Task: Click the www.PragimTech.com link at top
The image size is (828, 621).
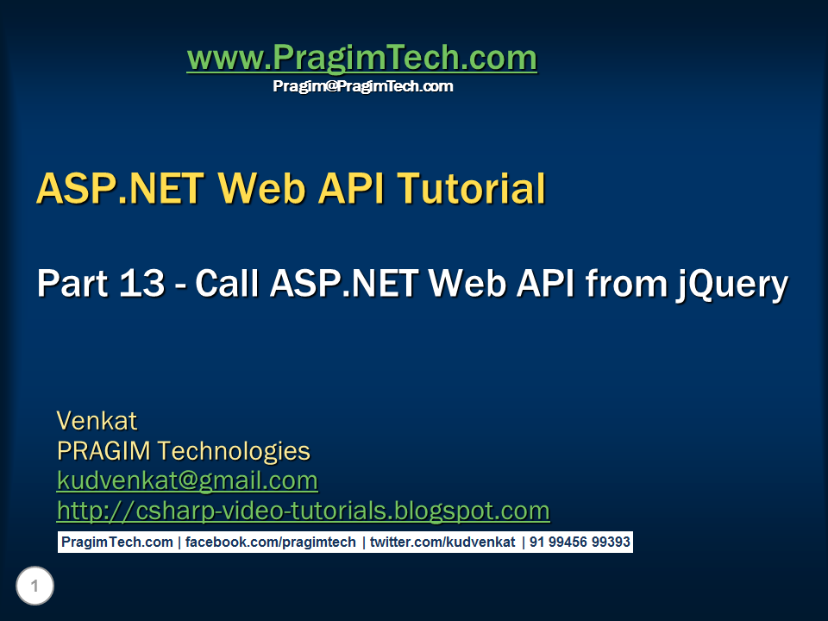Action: (x=361, y=59)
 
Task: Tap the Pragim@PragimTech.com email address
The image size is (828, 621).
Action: (x=362, y=86)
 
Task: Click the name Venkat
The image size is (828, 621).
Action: (x=97, y=421)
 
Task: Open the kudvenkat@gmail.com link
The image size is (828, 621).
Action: (x=187, y=480)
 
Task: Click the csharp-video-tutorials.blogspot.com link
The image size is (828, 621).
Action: (x=303, y=511)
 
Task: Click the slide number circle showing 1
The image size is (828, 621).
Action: (x=34, y=587)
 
